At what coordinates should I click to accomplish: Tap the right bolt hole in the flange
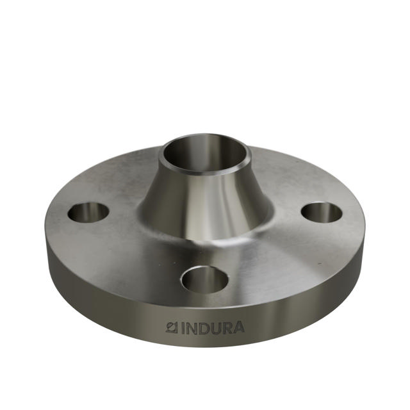pos(322,213)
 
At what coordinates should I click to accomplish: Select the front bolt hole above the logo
pos(205,279)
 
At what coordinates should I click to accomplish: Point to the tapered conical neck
pos(205,199)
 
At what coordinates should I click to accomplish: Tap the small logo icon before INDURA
pos(171,327)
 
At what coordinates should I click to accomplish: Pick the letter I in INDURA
pos(181,328)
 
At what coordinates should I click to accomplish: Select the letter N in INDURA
pos(191,328)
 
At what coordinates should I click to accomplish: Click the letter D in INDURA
pos(204,328)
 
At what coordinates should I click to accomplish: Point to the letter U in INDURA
pos(217,328)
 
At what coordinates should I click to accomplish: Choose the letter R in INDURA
pos(228,327)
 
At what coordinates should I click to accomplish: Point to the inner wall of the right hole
pos(322,208)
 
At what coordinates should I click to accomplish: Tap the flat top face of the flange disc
pos(282,256)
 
